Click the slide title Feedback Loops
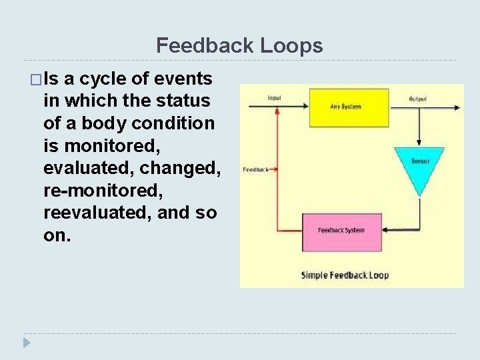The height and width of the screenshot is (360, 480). (x=239, y=45)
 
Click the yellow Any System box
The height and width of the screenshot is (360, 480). (x=345, y=107)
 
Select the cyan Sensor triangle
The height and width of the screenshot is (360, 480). (x=419, y=163)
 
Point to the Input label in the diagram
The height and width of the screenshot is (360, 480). (x=274, y=98)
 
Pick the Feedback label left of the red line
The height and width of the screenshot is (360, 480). (x=256, y=169)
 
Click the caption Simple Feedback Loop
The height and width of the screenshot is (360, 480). (x=345, y=275)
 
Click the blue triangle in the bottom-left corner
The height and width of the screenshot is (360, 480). (x=26, y=343)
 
